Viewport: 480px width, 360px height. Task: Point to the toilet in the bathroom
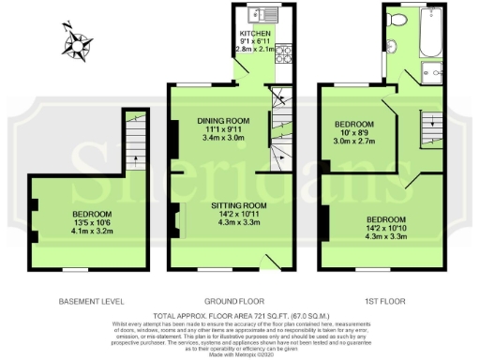tap(397, 19)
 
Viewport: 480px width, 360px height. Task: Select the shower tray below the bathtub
tap(432, 72)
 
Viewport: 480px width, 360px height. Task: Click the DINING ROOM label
tap(223, 121)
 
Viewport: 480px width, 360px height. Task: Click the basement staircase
tap(137, 141)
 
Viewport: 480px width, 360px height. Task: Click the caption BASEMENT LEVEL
tap(91, 301)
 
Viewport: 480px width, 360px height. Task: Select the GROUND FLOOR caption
tap(240, 301)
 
